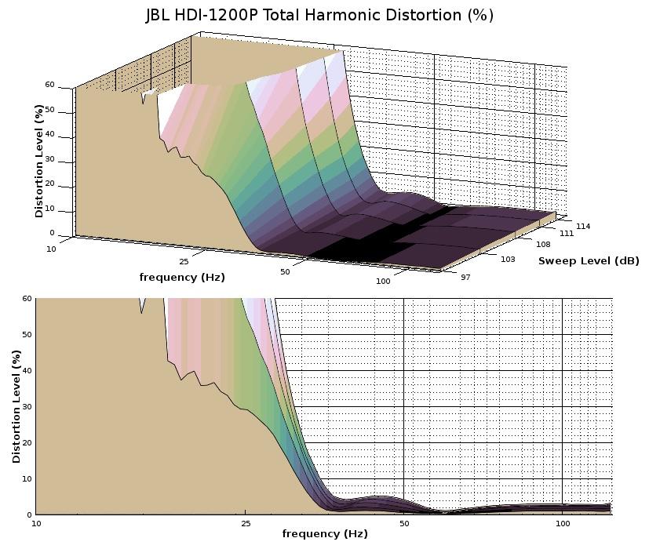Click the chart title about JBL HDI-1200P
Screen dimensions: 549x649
point(319,15)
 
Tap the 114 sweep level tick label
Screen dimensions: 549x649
point(584,227)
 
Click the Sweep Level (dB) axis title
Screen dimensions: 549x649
point(589,260)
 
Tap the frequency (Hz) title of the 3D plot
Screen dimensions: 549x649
point(181,277)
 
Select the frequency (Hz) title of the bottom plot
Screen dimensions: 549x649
point(324,534)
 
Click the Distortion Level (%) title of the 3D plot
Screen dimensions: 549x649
point(38,161)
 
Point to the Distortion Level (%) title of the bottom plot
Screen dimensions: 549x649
point(16,406)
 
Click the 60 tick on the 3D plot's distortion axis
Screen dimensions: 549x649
point(49,85)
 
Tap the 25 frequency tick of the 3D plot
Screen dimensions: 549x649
point(184,261)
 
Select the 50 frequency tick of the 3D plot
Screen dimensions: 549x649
point(285,271)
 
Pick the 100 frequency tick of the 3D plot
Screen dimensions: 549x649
point(383,281)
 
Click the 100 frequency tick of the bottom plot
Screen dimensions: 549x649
point(563,522)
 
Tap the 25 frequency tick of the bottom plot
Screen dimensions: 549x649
point(246,522)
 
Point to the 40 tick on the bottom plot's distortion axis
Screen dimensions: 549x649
point(27,371)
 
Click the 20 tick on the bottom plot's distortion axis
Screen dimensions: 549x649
point(27,443)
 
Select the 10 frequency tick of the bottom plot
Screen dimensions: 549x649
point(36,522)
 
